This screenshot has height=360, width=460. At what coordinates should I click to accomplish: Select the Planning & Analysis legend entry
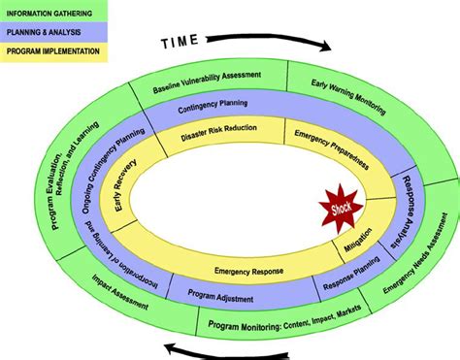(49, 31)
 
